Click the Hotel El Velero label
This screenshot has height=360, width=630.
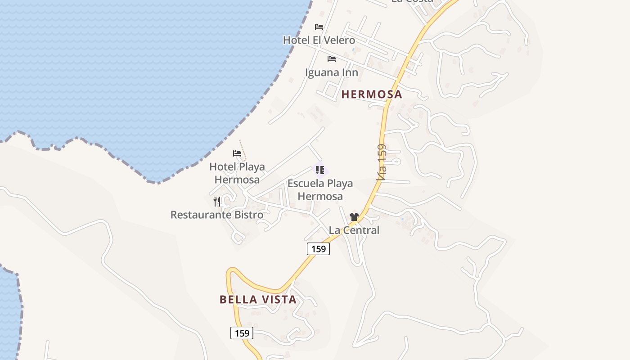click(x=319, y=40)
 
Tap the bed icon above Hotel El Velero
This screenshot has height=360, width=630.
click(x=319, y=27)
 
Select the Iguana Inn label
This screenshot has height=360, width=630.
click(x=332, y=72)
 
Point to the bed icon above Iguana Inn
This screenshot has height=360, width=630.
click(x=332, y=59)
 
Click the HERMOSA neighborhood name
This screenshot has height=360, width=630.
click(x=372, y=94)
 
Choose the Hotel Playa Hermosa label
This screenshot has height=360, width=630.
click(x=237, y=173)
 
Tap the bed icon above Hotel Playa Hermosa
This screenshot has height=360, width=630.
click(x=237, y=153)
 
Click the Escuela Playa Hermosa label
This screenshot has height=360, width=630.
click(x=320, y=190)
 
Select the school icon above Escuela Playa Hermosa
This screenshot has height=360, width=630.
click(x=320, y=170)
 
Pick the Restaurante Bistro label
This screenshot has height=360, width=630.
click(x=216, y=215)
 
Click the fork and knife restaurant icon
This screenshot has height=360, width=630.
click(x=217, y=201)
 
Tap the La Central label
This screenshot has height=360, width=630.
click(x=354, y=230)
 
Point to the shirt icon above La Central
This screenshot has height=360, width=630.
click(x=354, y=217)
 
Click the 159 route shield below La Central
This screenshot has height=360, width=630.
click(x=319, y=249)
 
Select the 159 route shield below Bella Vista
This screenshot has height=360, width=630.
click(x=242, y=333)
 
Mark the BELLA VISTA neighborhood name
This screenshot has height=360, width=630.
click(x=258, y=299)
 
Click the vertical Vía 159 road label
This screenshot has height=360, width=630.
click(x=382, y=162)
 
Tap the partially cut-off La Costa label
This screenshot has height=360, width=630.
click(x=412, y=1)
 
